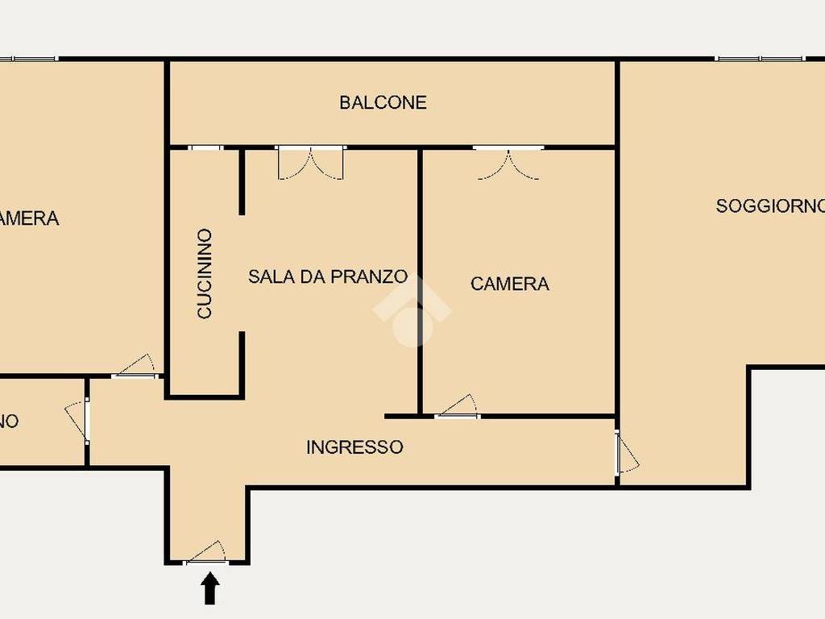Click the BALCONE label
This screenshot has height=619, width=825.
tap(383, 102)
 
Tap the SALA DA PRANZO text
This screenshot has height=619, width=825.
tap(327, 276)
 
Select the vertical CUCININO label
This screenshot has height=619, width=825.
tap(205, 273)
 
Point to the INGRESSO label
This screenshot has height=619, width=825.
tap(354, 447)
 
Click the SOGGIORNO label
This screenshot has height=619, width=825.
tap(770, 206)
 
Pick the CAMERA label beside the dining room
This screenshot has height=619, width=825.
tap(510, 284)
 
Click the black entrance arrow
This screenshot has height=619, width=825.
tap(209, 588)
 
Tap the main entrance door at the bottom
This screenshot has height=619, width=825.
tap(206, 555)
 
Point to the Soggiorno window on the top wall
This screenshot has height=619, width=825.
tap(760, 58)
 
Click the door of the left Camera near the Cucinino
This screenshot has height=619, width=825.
tap(135, 368)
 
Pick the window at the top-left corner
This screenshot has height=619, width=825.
tap(29, 58)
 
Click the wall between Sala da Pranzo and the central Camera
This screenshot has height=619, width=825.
tap(420, 282)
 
